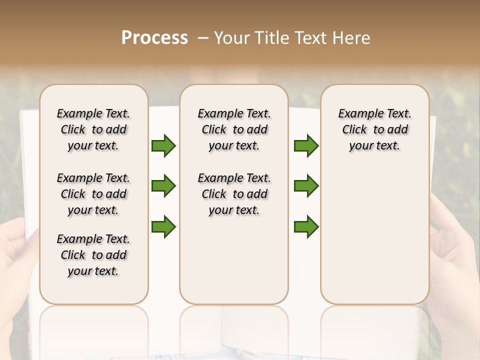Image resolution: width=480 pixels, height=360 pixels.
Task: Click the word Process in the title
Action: point(154,38)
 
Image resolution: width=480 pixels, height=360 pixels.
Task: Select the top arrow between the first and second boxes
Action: point(163,145)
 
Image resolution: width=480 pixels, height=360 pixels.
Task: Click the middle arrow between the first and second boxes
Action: point(163,186)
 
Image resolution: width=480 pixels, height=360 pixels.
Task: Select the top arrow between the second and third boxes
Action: point(306,145)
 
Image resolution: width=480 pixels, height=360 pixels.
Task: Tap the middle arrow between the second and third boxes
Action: point(306,186)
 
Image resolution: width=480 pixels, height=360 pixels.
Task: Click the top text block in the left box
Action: point(93,129)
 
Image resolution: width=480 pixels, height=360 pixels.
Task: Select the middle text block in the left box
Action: point(93,194)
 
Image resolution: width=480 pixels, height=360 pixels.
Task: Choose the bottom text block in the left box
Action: point(93,255)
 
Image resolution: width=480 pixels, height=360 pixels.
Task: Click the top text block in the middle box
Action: point(234,129)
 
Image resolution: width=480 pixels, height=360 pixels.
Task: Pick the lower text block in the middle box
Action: point(234,194)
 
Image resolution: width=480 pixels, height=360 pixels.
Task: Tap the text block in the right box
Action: point(374,129)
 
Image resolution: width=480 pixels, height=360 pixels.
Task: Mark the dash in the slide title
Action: point(203,38)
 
